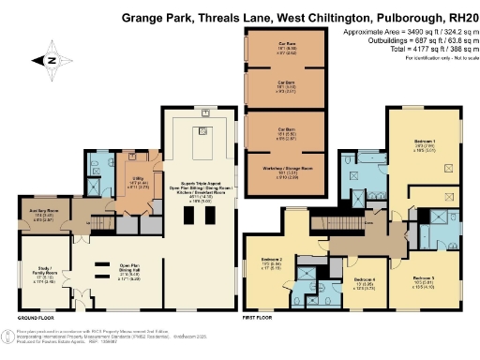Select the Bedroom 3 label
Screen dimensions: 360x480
click(x=424, y=279)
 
